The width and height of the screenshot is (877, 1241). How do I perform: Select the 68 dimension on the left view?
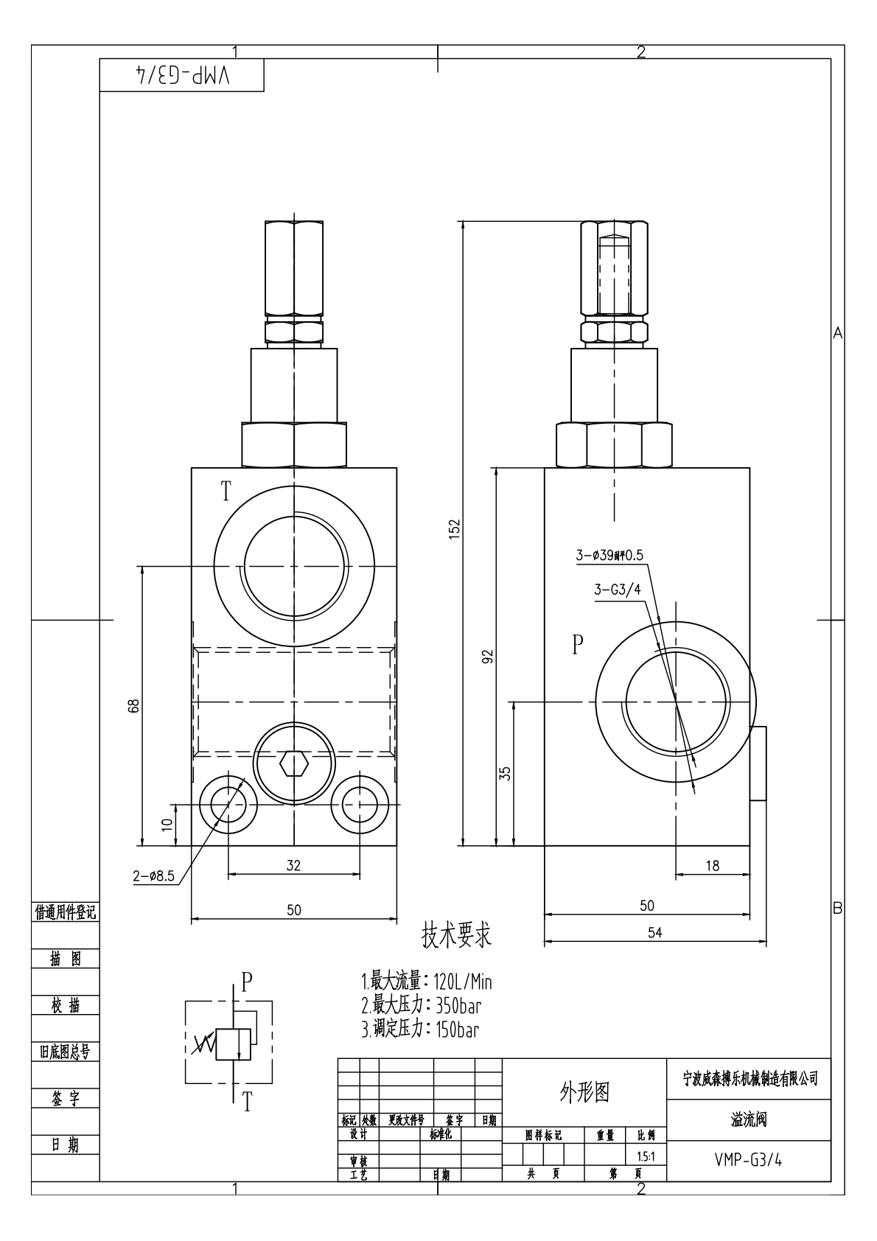click(x=133, y=705)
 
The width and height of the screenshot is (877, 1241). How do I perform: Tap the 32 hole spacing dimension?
click(x=293, y=865)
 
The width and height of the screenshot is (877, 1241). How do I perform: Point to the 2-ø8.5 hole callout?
click(x=153, y=876)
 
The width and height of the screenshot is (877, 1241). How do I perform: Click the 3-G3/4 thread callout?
click(x=617, y=589)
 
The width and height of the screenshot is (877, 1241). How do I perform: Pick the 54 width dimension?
click(x=654, y=932)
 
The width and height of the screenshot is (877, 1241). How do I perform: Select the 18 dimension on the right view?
click(x=712, y=866)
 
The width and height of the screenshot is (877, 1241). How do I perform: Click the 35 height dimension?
click(x=505, y=773)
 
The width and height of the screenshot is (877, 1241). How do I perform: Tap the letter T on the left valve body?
click(x=226, y=492)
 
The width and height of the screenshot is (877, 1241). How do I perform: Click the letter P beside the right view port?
click(x=578, y=645)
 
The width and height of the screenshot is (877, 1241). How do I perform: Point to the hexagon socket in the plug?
click(x=293, y=763)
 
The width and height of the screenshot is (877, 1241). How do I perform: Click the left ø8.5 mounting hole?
click(x=228, y=803)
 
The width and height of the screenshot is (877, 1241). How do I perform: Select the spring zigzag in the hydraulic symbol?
click(x=202, y=1044)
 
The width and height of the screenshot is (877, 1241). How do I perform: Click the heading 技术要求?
click(x=455, y=936)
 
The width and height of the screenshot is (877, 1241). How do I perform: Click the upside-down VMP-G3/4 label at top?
click(x=182, y=76)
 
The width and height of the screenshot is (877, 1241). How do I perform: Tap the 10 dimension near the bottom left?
click(x=167, y=824)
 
